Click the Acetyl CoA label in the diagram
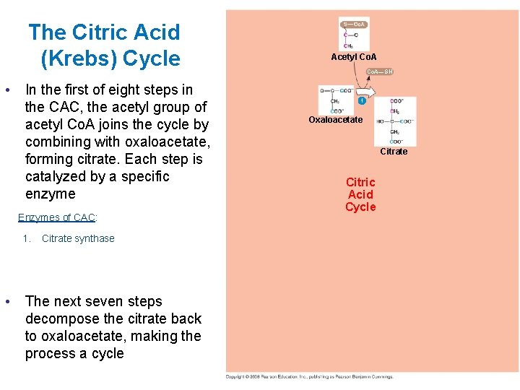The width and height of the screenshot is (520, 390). pos(354,56)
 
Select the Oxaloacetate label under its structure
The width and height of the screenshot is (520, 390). pos(335,120)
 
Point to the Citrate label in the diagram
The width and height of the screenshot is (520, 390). pos(394,152)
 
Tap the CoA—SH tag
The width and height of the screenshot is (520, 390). pos(380,71)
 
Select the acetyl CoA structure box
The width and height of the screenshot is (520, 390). pos(354,33)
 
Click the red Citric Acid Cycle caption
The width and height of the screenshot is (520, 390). pos(360,195)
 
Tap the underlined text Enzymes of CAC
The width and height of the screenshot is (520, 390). pos(67,217)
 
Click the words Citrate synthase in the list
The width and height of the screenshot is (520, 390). pos(78,239)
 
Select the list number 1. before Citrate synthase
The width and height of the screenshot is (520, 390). pos(27,239)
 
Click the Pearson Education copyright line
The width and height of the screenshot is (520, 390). pos(309,376)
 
